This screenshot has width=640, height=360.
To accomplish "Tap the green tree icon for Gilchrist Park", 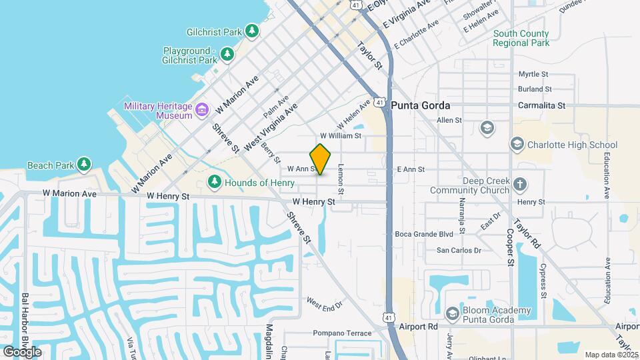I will coord(251,31).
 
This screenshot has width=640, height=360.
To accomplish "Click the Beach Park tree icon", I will coord(83,165).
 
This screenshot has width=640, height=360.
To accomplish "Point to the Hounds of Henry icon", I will coord(214,182).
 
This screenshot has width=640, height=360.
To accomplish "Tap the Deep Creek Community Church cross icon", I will coord(521,184).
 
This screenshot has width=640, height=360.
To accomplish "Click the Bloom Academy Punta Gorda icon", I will coord(452,314).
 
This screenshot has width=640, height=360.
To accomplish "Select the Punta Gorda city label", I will coord(421,105).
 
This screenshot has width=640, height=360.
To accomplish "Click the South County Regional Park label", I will coord(521,38).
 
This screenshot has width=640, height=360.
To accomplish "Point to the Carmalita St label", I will coord(542,105).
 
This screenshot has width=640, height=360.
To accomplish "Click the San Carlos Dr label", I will coord(459,251).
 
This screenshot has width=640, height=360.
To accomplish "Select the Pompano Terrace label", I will coord(342,333).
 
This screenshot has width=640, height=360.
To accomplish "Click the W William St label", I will coord(340,135).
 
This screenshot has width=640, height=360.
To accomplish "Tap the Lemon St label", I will coord(340,180).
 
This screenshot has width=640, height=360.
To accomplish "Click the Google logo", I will coord(22,351).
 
